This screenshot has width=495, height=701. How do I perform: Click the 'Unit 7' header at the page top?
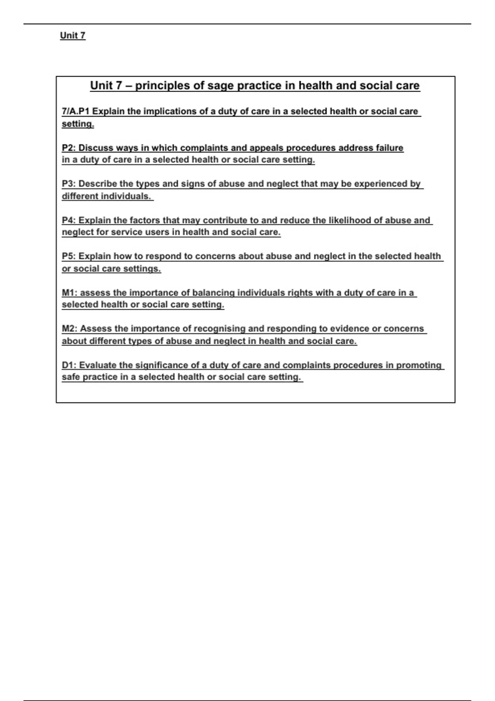pyautogui.click(x=73, y=35)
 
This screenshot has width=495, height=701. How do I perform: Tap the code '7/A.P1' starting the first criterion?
pyautogui.click(x=76, y=111)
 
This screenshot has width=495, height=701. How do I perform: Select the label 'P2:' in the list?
pyautogui.click(x=69, y=148)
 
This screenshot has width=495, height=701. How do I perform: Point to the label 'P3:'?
pyautogui.click(x=69, y=184)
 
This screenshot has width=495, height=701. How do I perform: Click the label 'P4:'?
pyautogui.click(x=69, y=220)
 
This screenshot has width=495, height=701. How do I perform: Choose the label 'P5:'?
pyautogui.click(x=69, y=256)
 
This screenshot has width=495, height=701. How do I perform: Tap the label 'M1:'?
pyautogui.click(x=70, y=293)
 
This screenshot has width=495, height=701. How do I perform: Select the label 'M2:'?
pyautogui.click(x=70, y=329)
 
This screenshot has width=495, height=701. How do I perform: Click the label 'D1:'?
pyautogui.click(x=69, y=365)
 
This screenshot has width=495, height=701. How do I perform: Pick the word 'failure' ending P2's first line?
pyautogui.click(x=389, y=148)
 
